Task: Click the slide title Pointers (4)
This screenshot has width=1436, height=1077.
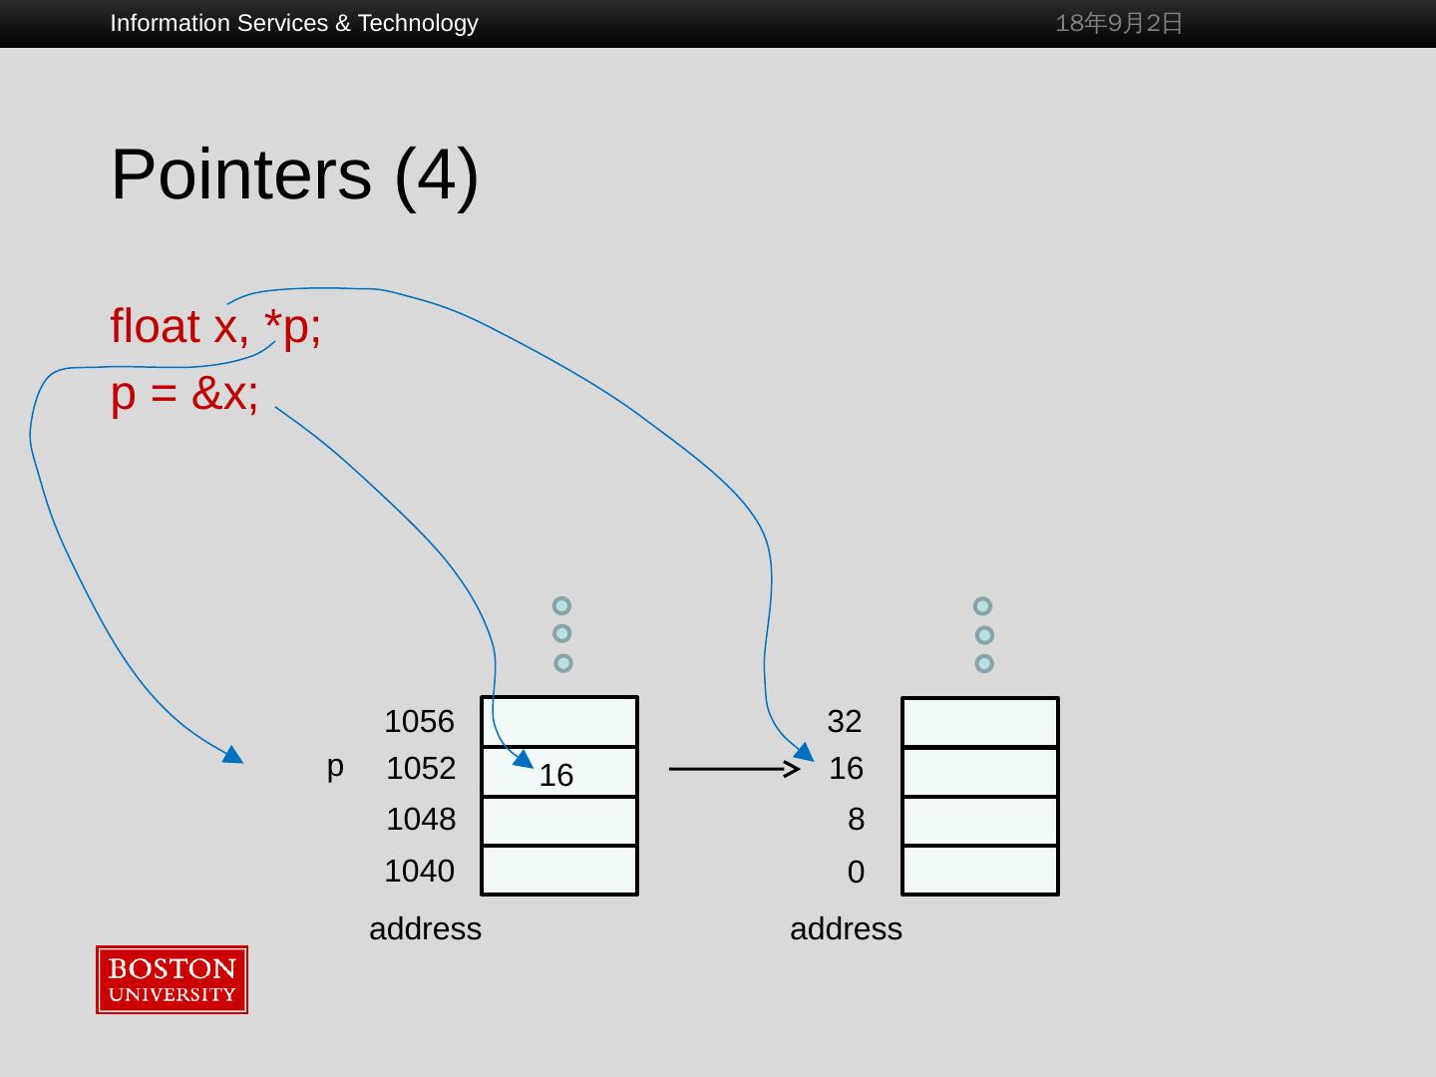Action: (x=294, y=175)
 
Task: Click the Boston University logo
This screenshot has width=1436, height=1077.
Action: (x=172, y=979)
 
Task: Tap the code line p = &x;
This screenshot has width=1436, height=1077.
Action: (x=184, y=394)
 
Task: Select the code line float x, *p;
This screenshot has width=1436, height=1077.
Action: (x=215, y=327)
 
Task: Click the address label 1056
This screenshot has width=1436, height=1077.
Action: (x=419, y=721)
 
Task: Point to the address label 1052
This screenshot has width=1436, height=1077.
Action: (x=420, y=768)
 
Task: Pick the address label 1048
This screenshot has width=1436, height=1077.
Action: (x=420, y=820)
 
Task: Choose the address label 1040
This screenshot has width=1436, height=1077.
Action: (x=419, y=871)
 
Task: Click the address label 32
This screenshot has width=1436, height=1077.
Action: (x=844, y=721)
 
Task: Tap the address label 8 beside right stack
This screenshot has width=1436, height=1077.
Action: (x=856, y=820)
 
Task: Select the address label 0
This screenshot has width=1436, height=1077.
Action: (x=856, y=873)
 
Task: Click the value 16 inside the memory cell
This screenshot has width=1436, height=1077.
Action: (x=556, y=776)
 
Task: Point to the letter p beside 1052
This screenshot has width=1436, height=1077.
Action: (x=335, y=766)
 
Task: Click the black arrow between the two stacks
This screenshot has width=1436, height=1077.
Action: (x=733, y=769)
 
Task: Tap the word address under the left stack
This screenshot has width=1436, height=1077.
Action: (x=425, y=929)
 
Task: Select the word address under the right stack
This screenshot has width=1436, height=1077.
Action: (x=846, y=929)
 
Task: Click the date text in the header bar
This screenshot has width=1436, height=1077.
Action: (x=1119, y=23)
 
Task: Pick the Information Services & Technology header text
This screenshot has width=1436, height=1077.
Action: (x=294, y=23)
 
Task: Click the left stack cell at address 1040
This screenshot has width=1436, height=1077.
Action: (x=559, y=871)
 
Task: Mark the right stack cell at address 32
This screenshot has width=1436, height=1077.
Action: (x=980, y=722)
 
